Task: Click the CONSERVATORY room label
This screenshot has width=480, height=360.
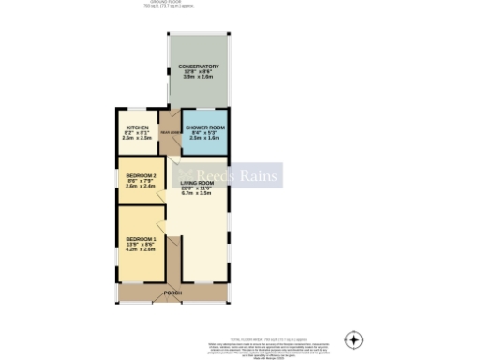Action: coord(201,67)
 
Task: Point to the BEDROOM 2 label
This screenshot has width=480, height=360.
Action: coord(140,175)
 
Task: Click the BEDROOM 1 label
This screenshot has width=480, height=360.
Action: coord(140,240)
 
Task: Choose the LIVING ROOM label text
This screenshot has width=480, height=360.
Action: coord(198,182)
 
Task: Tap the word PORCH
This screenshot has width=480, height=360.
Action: coord(172,293)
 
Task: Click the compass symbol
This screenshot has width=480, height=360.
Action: coord(353,338)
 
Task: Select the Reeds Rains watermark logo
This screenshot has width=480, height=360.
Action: coord(229,174)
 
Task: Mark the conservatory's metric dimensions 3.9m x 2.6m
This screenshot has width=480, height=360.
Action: coord(201,78)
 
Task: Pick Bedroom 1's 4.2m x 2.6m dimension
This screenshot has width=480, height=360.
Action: coord(140,251)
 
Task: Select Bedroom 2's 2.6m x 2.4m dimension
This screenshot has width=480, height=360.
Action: coord(140,187)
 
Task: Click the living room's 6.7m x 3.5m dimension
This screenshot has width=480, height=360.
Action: coord(198,193)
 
